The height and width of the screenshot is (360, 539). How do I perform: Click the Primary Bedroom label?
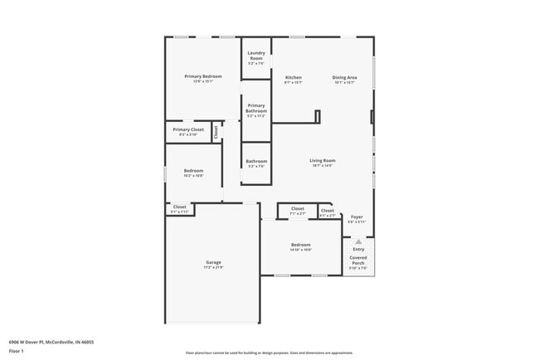(x=203, y=76)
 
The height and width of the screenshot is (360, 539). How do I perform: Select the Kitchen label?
(x=293, y=77)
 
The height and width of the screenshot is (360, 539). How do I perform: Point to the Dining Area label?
(x=344, y=77)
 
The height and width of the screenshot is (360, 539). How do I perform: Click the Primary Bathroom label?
(x=256, y=108)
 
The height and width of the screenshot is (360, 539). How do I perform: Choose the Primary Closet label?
(x=188, y=129)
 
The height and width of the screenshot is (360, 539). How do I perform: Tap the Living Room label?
(x=322, y=160)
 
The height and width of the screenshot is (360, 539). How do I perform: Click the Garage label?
(x=213, y=262)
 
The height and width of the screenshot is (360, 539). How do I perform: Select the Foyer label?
(x=357, y=216)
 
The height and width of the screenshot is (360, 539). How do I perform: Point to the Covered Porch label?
(x=358, y=260)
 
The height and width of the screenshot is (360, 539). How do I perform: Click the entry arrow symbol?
(x=358, y=241)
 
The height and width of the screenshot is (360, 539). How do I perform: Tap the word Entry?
(x=358, y=249)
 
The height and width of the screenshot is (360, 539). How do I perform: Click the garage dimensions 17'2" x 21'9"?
(x=213, y=267)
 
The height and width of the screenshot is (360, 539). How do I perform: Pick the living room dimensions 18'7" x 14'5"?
(x=322, y=166)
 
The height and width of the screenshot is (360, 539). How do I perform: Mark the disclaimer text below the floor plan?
(x=269, y=352)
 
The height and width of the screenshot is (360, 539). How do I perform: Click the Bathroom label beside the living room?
(x=256, y=161)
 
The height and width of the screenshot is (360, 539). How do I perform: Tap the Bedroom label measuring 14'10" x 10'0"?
(x=300, y=245)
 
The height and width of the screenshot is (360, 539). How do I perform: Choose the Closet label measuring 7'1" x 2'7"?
(x=298, y=208)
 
